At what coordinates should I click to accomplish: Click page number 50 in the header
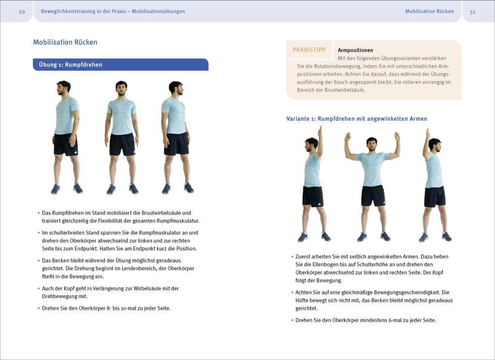click(x=22, y=12)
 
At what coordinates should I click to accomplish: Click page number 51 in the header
click(x=472, y=12)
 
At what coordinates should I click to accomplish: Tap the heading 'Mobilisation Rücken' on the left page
click(x=65, y=42)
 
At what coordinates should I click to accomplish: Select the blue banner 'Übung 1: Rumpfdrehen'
click(x=120, y=65)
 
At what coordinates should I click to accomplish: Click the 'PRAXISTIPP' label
click(x=309, y=50)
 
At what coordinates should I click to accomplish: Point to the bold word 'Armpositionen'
click(x=355, y=50)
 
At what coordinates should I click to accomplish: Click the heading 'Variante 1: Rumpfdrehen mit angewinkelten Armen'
click(x=357, y=119)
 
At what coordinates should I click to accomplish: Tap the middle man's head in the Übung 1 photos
click(x=121, y=88)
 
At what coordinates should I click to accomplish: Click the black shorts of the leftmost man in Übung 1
click(x=66, y=144)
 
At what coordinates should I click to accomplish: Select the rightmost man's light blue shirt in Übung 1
click(x=175, y=116)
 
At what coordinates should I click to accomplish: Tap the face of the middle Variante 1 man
click(x=371, y=144)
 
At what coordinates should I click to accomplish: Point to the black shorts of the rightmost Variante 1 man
click(x=435, y=196)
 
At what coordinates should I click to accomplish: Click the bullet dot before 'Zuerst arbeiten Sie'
click(x=292, y=257)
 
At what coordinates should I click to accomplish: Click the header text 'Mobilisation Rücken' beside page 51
click(x=429, y=12)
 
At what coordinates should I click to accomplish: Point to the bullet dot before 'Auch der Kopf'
click(x=39, y=288)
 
